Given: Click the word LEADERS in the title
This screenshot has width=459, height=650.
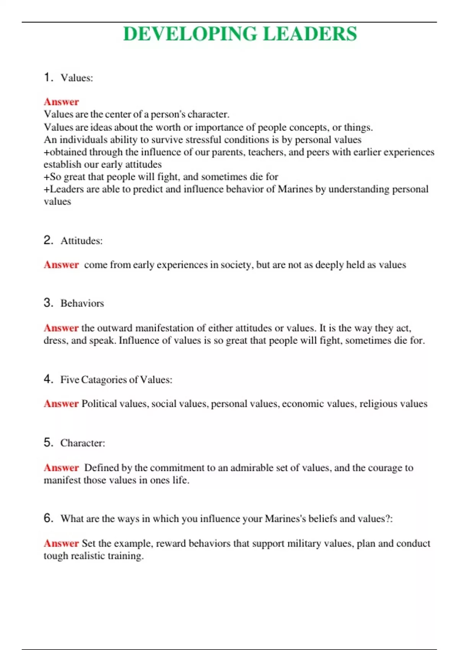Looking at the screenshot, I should pos(310,34).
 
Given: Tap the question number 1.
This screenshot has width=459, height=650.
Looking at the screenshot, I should pos(48,77).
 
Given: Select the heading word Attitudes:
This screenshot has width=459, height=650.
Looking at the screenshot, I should pos(81,241).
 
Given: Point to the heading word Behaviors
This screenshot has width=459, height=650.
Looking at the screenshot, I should pos(82,304).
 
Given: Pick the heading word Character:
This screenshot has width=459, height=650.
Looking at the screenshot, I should pos(83,443).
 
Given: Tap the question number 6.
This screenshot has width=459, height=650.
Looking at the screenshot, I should pos(48,518).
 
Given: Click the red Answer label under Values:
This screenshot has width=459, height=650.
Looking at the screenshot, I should pos(61,102).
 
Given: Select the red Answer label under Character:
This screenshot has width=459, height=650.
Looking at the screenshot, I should pos(61,468).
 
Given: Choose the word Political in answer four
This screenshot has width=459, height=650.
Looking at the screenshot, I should pos(99,404).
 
